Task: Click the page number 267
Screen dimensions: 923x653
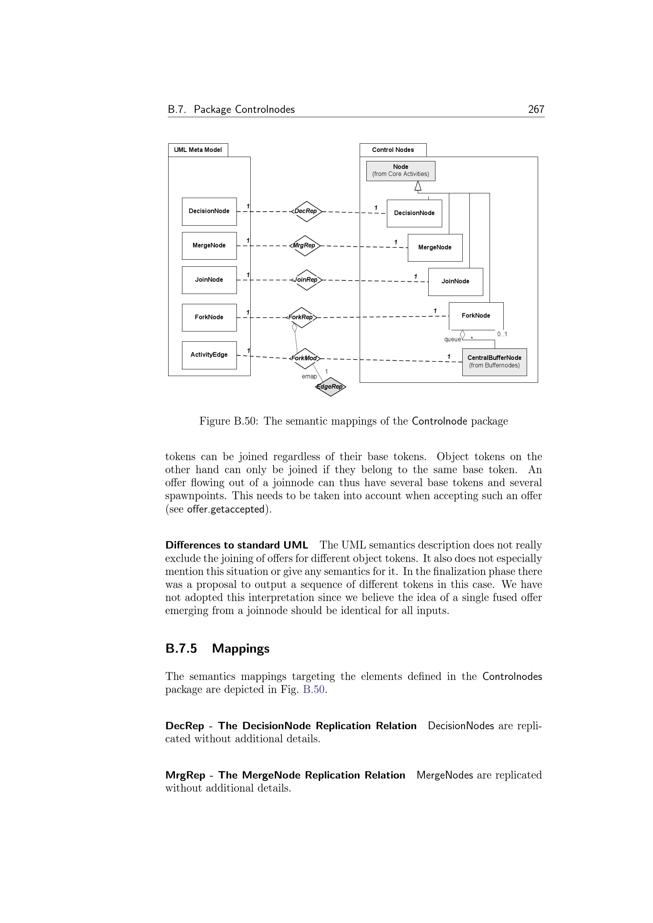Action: point(536,109)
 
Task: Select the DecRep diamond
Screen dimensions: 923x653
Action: point(306,212)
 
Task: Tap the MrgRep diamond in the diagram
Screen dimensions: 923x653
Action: point(304,245)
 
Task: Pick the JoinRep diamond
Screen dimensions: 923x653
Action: point(306,280)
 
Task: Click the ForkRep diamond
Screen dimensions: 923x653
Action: point(301,317)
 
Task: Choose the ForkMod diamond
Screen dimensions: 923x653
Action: point(305,358)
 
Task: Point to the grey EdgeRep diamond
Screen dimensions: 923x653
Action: point(330,387)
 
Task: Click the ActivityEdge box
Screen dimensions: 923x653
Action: point(209,355)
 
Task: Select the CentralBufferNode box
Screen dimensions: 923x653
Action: point(494,362)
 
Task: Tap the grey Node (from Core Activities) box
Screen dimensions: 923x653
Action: point(400,171)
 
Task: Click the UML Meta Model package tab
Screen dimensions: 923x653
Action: point(198,150)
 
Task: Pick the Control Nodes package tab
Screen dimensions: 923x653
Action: point(393,150)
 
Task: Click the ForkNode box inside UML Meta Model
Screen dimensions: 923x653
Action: point(209,317)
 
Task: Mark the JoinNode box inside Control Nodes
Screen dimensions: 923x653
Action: point(455,281)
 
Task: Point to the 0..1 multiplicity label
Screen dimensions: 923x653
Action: point(502,334)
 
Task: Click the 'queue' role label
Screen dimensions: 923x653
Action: point(452,339)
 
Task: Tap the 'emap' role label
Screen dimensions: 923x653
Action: point(309,376)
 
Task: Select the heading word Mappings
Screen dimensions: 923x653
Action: point(240,648)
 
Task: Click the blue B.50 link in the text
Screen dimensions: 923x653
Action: point(313,689)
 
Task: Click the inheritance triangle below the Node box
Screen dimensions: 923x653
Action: point(418,186)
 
